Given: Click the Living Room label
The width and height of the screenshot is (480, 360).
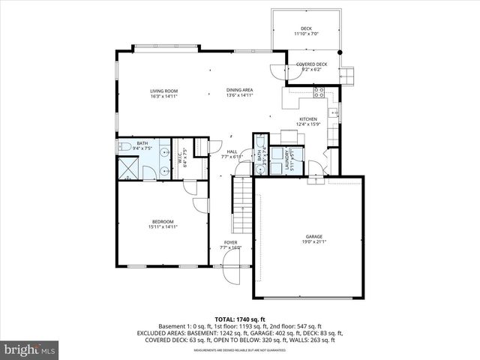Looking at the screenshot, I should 163,90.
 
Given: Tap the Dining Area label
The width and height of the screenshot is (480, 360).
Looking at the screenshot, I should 240,90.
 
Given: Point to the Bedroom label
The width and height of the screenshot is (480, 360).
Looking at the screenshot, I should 163,221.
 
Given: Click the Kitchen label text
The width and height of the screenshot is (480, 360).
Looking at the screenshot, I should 308,119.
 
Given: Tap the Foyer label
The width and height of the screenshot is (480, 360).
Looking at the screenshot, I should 229,242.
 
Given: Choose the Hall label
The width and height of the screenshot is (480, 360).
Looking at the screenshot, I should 232,151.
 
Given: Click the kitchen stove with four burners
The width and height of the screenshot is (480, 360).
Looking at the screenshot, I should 319,92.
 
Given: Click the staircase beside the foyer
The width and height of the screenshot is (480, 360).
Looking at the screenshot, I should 241,206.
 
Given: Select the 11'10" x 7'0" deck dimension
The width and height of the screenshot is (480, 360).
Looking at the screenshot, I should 305,34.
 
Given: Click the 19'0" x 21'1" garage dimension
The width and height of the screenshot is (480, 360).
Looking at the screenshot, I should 313,241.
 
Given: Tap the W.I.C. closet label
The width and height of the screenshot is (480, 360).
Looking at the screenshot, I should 181,157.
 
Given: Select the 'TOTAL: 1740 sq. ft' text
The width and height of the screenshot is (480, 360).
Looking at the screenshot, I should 240,319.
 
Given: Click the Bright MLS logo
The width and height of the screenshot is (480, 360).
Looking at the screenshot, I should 30,349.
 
